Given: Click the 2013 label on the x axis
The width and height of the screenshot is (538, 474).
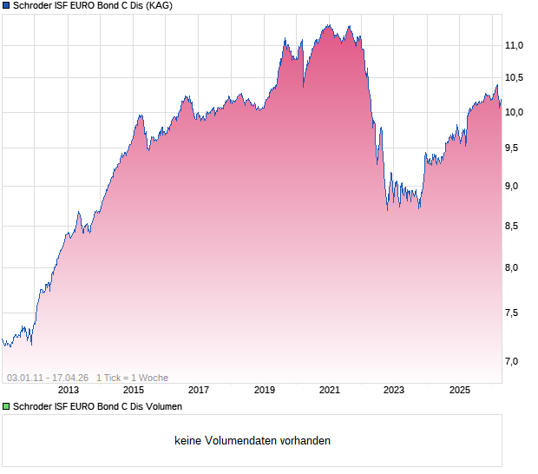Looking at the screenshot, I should click(x=68, y=391).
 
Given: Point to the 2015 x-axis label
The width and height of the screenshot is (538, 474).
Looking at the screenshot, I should click(x=134, y=391).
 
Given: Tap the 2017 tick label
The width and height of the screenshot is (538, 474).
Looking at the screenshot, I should click(x=199, y=391).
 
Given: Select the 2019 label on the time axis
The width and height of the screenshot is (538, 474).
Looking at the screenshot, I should click(x=265, y=391).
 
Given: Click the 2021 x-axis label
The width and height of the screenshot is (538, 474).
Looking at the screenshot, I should click(x=330, y=391).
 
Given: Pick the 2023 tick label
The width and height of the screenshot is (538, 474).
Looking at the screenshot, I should click(x=395, y=391).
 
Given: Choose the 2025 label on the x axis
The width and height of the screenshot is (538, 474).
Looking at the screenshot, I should click(x=460, y=391).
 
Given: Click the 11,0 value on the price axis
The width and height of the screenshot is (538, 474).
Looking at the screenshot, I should click(x=515, y=45).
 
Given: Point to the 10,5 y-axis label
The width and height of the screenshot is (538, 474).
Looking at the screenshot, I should click(x=515, y=78).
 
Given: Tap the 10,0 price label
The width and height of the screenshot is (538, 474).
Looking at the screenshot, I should click(x=515, y=112).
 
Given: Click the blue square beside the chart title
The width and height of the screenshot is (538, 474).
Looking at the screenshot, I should click(x=6, y=6).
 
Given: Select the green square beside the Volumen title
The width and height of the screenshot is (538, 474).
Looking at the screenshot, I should click(x=6, y=406).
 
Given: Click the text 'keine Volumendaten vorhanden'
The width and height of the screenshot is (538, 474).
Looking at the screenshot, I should click(x=253, y=441).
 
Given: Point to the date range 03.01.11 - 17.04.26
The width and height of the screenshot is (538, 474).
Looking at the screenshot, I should click(x=48, y=378).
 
